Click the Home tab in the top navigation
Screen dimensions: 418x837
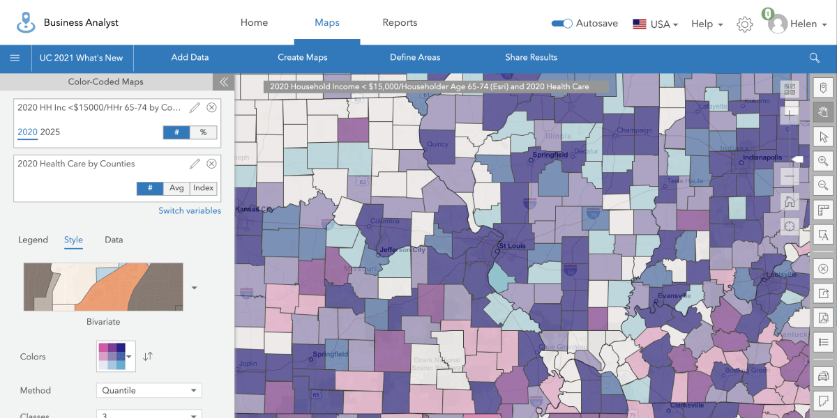point(254,23)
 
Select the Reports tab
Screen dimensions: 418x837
point(400,23)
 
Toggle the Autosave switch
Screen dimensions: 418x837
point(562,24)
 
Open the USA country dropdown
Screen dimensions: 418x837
point(656,24)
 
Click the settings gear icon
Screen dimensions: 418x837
point(745,24)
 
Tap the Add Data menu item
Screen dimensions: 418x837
point(190,58)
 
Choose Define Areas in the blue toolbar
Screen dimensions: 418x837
point(415,58)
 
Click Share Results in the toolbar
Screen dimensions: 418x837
point(531,58)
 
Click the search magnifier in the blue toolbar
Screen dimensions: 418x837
point(814,58)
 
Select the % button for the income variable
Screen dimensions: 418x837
point(203,132)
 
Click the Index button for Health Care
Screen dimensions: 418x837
point(204,188)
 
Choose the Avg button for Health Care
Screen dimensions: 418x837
point(176,188)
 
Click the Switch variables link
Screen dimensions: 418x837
point(189,210)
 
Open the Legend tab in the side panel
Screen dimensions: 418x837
point(33,240)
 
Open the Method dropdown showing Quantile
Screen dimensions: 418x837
point(149,390)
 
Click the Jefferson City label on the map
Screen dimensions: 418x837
point(402,249)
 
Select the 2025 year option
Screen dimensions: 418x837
point(50,132)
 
